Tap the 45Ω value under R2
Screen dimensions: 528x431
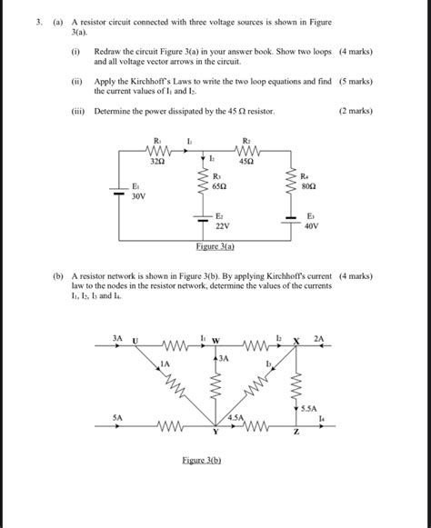click(246, 162)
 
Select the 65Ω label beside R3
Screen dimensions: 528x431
click(218, 184)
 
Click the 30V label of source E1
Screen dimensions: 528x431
click(138, 196)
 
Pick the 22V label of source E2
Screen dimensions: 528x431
click(222, 225)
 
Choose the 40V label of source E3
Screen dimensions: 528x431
click(312, 225)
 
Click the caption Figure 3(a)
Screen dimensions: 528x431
click(215, 246)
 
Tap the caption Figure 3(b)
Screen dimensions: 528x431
click(202, 461)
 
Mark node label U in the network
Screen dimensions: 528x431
click(135, 341)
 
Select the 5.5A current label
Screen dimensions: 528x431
click(308, 409)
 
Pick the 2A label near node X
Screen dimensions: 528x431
click(317, 338)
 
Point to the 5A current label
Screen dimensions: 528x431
click(117, 418)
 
